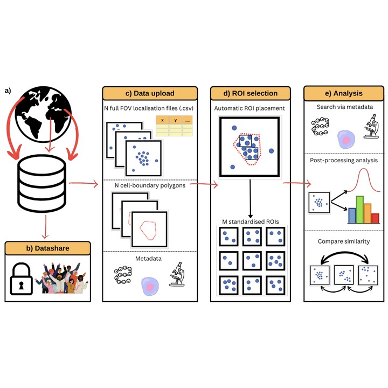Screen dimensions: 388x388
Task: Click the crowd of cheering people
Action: click(x=63, y=278)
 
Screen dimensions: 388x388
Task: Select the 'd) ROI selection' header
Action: click(x=251, y=93)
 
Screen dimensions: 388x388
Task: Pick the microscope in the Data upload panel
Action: click(x=175, y=273)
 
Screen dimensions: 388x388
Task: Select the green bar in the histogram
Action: click(x=360, y=209)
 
